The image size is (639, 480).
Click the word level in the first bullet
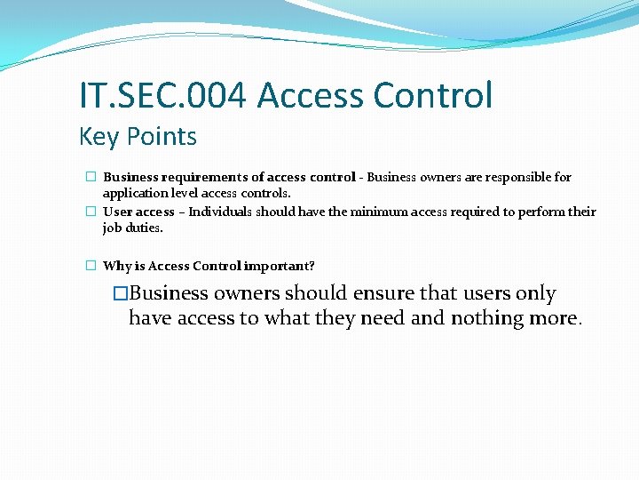[x=185, y=192]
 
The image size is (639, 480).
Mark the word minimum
[x=348, y=212]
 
